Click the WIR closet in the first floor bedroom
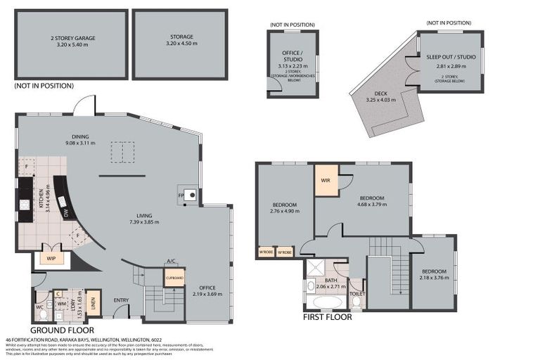(326, 179)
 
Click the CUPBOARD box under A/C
(174, 278)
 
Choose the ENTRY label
(121, 301)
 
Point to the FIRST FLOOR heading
(328, 316)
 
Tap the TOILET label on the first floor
(356, 294)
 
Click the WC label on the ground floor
(39, 307)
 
